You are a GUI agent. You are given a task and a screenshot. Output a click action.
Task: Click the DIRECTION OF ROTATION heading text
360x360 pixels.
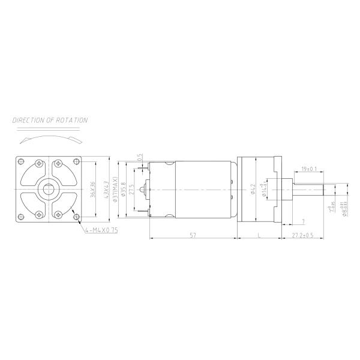pyautogui.click(x=50, y=121)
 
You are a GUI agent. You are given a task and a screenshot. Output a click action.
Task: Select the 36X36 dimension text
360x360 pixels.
pyautogui.click(x=92, y=189)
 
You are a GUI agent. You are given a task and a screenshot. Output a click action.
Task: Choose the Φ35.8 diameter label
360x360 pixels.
pyautogui.click(x=124, y=189)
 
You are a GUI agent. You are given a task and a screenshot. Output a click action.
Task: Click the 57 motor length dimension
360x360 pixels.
pyautogui.click(x=192, y=235)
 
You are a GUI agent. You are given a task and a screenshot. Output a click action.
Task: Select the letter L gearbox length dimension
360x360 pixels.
pyautogui.click(x=258, y=235)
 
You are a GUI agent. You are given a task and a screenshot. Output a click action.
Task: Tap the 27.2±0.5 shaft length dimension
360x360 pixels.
pyautogui.click(x=303, y=235)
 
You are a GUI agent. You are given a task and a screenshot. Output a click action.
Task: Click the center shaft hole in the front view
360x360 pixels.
pyautogui.click(x=47, y=190)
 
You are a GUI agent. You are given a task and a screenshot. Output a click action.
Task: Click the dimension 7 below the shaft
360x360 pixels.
pyautogui.click(x=302, y=221)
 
